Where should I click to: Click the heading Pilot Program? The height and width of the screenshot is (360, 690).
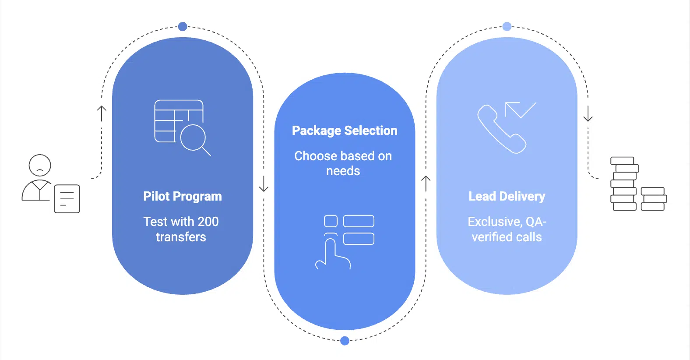[x=183, y=196]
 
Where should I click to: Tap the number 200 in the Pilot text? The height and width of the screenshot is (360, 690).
[x=208, y=222]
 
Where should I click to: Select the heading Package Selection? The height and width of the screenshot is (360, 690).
[x=345, y=131]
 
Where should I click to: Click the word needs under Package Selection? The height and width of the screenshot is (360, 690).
[x=343, y=171]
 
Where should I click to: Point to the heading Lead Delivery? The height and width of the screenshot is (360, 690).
[x=507, y=196]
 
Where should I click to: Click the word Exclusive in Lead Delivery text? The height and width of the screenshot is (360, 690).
[x=495, y=222]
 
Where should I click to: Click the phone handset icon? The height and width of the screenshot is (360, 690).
[x=501, y=130]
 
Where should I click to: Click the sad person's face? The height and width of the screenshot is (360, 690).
[x=40, y=166]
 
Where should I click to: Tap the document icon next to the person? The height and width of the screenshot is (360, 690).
[x=67, y=199]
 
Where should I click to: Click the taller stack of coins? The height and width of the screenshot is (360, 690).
[x=624, y=184]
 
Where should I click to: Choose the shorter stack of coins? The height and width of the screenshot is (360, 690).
[x=653, y=199]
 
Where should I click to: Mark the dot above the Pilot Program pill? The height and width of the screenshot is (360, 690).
[x=183, y=27]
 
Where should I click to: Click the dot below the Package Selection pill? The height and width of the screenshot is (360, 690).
[x=345, y=341]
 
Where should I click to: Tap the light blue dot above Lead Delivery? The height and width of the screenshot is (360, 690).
[x=507, y=27]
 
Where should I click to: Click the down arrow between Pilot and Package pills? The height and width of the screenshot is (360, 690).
[x=264, y=184]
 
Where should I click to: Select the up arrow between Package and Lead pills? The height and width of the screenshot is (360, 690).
[x=426, y=183]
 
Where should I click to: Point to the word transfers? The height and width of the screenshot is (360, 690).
[x=181, y=237]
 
